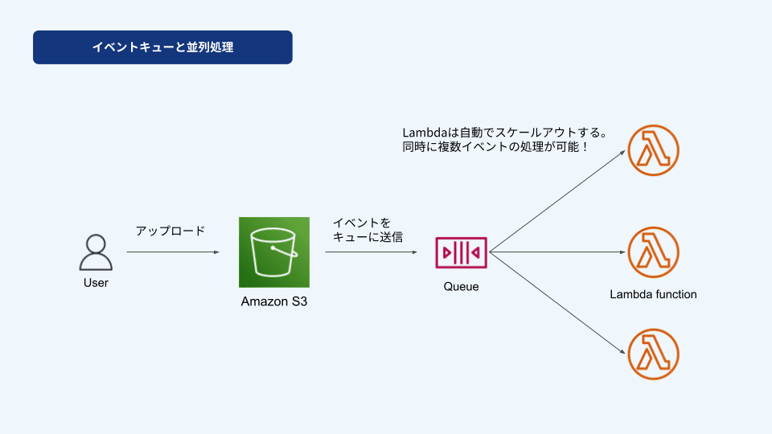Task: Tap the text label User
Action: [x=96, y=283]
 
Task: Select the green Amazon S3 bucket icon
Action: [x=274, y=252]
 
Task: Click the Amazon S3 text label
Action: [x=274, y=301]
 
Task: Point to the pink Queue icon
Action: [x=462, y=252]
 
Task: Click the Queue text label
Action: [x=462, y=286]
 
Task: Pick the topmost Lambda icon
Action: [x=653, y=150]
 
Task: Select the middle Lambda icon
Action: [x=653, y=252]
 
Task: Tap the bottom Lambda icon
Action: [x=653, y=354]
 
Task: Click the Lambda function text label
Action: [x=653, y=294]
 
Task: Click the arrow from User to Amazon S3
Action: [x=173, y=252]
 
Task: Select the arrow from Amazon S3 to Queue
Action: [x=372, y=252]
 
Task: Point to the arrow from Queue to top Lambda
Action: [x=557, y=201]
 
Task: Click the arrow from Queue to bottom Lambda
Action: [x=557, y=303]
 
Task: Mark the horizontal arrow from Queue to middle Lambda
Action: [x=557, y=252]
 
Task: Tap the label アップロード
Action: [x=170, y=231]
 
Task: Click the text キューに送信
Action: [x=368, y=236]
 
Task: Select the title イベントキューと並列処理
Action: [x=163, y=47]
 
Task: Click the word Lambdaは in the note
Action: [x=431, y=133]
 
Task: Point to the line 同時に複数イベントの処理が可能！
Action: [x=495, y=146]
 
